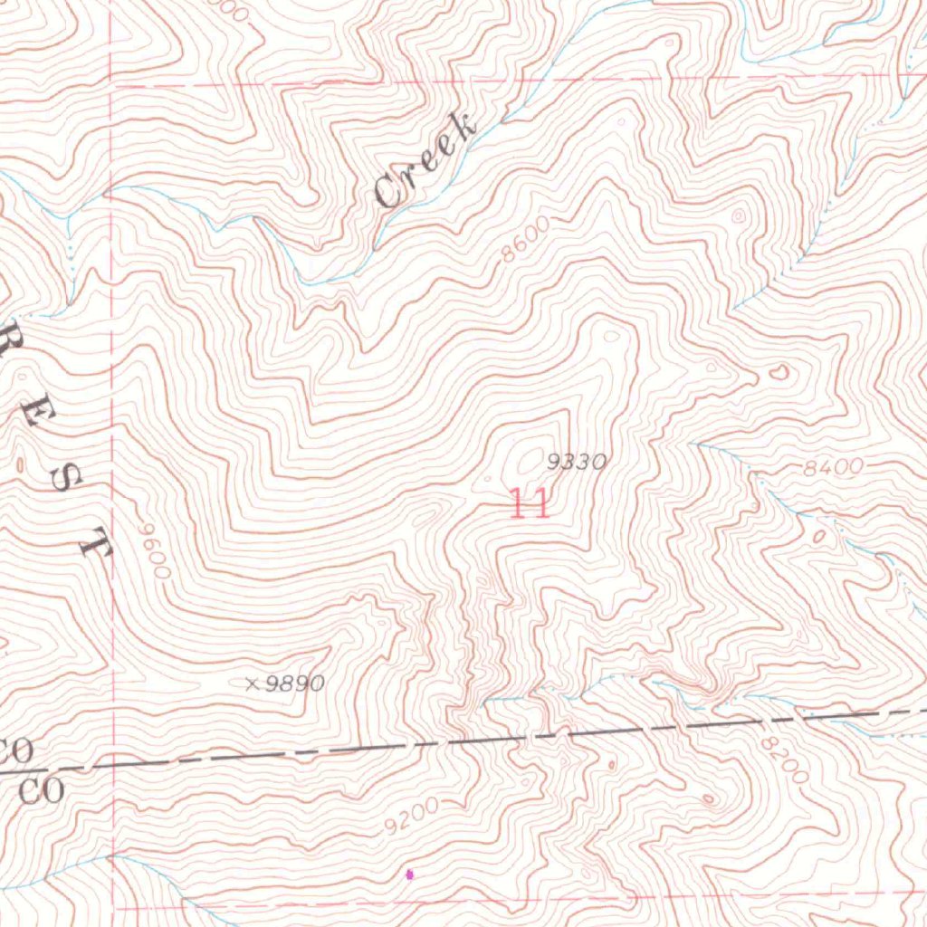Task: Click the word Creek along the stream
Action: tap(425, 162)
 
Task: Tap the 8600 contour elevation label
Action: tap(526, 240)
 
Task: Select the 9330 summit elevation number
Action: tap(576, 463)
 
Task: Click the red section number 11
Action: tap(529, 503)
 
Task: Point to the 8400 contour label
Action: tap(833, 468)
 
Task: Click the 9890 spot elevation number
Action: tap(295, 683)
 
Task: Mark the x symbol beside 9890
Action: tap(253, 683)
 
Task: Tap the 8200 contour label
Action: tap(783, 759)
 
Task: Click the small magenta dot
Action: tap(409, 874)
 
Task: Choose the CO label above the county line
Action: tap(16, 750)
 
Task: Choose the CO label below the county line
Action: tap(42, 791)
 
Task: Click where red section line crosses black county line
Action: tap(114, 760)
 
